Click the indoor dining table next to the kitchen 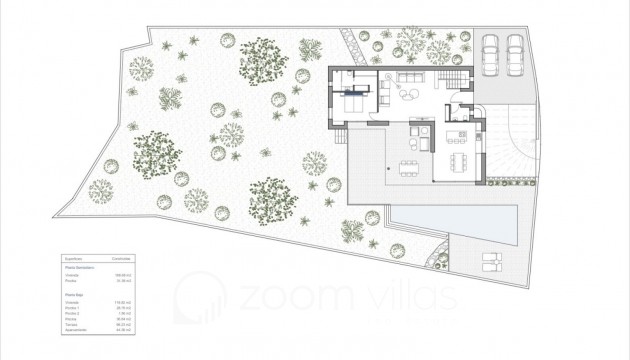point(460,162)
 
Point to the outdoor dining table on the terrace point(411,165)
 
